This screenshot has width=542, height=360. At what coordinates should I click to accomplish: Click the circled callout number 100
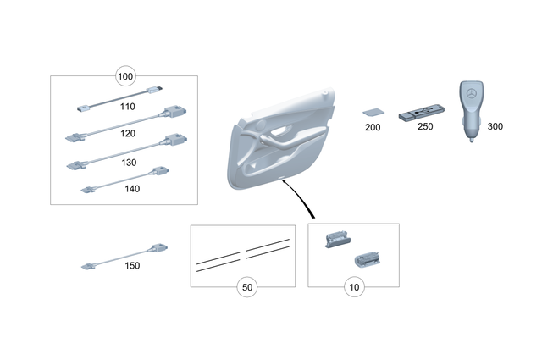pos(125,77)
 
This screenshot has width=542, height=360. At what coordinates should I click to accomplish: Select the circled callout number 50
pos(247,287)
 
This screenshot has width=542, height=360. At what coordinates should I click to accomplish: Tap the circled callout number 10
pos(353,287)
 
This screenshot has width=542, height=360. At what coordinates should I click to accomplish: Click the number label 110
pos(128,108)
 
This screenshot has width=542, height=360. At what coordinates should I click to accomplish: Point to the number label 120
pos(128,135)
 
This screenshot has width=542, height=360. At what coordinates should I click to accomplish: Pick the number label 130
pos(128,163)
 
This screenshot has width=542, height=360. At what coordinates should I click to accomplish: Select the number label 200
pos(372,127)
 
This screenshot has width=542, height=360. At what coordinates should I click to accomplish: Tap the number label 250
pos(425,127)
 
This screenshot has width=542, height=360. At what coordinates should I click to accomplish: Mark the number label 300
pos(495,126)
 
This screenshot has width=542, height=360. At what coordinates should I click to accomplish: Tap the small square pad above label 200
pos(371,112)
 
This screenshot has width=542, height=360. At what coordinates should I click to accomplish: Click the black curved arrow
pos(300,199)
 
